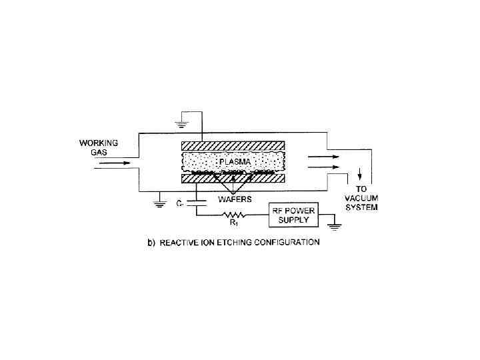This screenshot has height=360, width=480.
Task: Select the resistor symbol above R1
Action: pos(234,215)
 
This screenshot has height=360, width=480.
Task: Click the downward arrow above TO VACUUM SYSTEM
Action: pos(361,175)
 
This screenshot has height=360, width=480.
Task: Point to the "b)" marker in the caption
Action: pos(151,243)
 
